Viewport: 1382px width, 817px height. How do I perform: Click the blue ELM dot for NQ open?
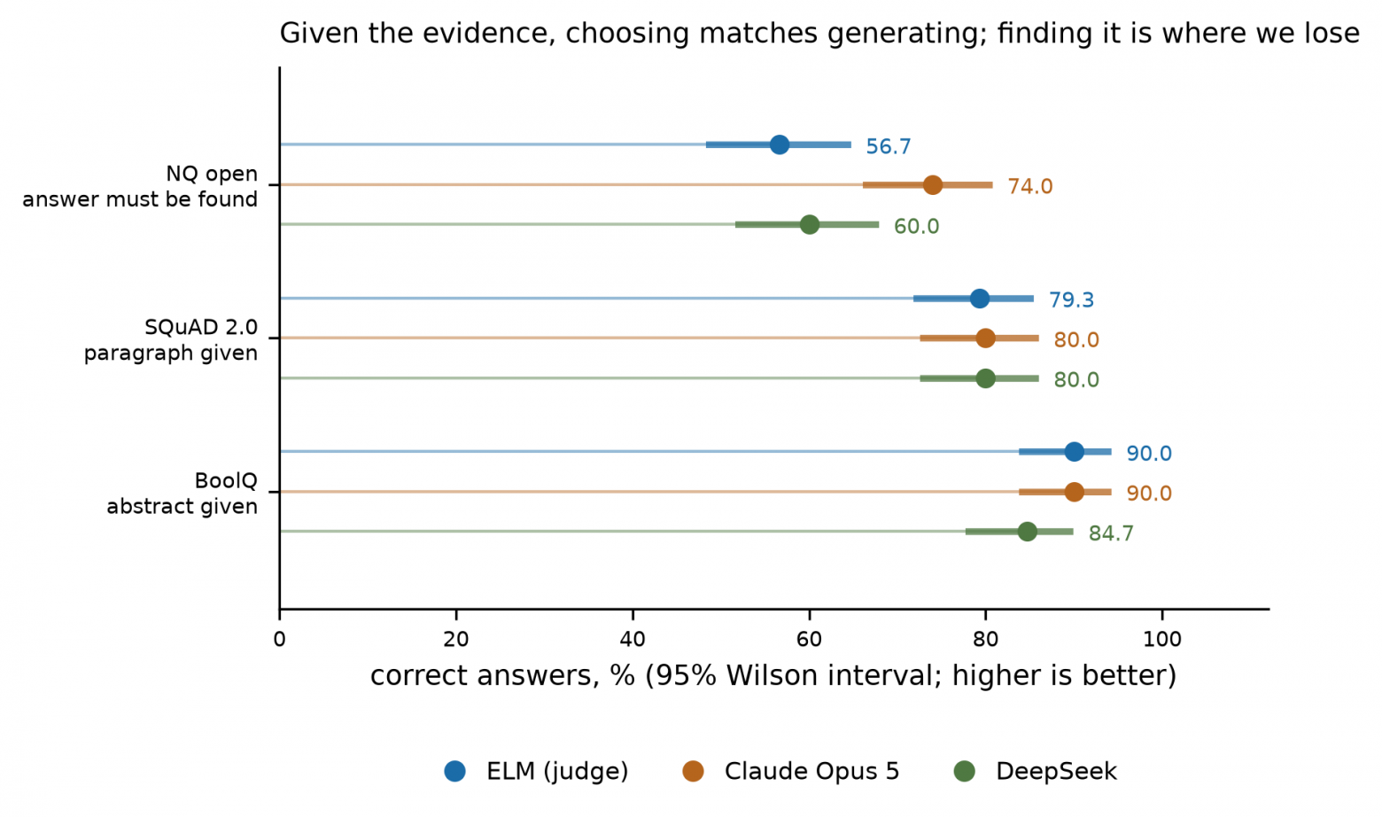pyautogui.click(x=780, y=144)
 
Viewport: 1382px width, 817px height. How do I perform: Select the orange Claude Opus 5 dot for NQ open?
pyautogui.click(x=932, y=184)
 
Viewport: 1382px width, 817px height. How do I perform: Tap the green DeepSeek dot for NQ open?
pyautogui.click(x=809, y=224)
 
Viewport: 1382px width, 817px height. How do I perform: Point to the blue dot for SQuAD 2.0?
pyautogui.click(x=979, y=299)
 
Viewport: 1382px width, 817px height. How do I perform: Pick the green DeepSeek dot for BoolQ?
pyautogui.click(x=1027, y=532)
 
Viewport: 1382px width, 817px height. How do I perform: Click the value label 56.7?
pyautogui.click(x=888, y=147)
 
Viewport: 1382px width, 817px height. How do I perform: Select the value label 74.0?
pyautogui.click(x=1029, y=186)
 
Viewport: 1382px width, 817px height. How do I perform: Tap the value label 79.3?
pyautogui.click(x=1071, y=300)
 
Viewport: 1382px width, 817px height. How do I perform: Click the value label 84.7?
pyautogui.click(x=1111, y=533)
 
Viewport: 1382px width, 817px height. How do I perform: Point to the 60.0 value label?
pyautogui.click(x=916, y=227)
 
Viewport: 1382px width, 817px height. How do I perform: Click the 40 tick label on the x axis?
pyautogui.click(x=633, y=639)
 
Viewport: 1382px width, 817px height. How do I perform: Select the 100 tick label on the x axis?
pyautogui.click(x=1161, y=639)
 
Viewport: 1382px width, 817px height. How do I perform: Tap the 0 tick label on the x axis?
pyautogui.click(x=279, y=639)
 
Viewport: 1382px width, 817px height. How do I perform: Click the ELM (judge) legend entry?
pyautogui.click(x=536, y=771)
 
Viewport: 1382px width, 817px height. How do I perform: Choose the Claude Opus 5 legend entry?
pyautogui.click(x=791, y=771)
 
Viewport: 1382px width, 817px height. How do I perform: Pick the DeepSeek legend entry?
pyautogui.click(x=1036, y=771)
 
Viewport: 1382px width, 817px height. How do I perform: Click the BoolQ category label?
pyautogui.click(x=226, y=481)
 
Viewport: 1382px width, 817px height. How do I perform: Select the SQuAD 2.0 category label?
pyautogui.click(x=201, y=328)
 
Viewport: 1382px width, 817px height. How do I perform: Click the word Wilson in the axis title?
pyautogui.click(x=765, y=676)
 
